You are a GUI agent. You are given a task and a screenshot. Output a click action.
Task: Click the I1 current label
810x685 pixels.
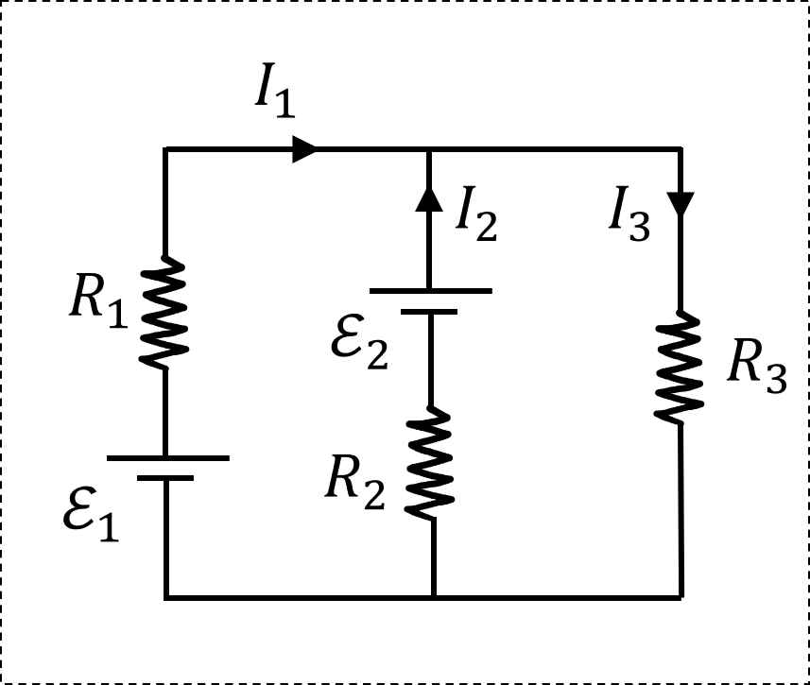point(274,94)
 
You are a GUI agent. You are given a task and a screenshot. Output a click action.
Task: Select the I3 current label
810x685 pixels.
point(629,220)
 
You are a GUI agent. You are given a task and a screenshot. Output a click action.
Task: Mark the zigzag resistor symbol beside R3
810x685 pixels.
point(681,366)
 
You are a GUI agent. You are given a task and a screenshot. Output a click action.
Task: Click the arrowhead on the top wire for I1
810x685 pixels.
point(303,149)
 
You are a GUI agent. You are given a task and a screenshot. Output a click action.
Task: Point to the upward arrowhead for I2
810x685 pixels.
point(430,197)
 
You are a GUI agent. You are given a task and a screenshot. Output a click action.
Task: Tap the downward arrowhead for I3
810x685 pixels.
point(681,204)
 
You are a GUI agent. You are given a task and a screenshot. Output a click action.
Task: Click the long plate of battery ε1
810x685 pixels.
point(167,458)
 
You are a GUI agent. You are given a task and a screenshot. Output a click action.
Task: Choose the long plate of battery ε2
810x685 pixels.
point(430,291)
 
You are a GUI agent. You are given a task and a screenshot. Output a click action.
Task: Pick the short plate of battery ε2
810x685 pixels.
point(430,311)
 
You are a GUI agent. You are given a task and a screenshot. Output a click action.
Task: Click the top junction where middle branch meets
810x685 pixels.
point(430,149)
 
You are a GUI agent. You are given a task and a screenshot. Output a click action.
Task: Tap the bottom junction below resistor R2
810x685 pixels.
point(433,597)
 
